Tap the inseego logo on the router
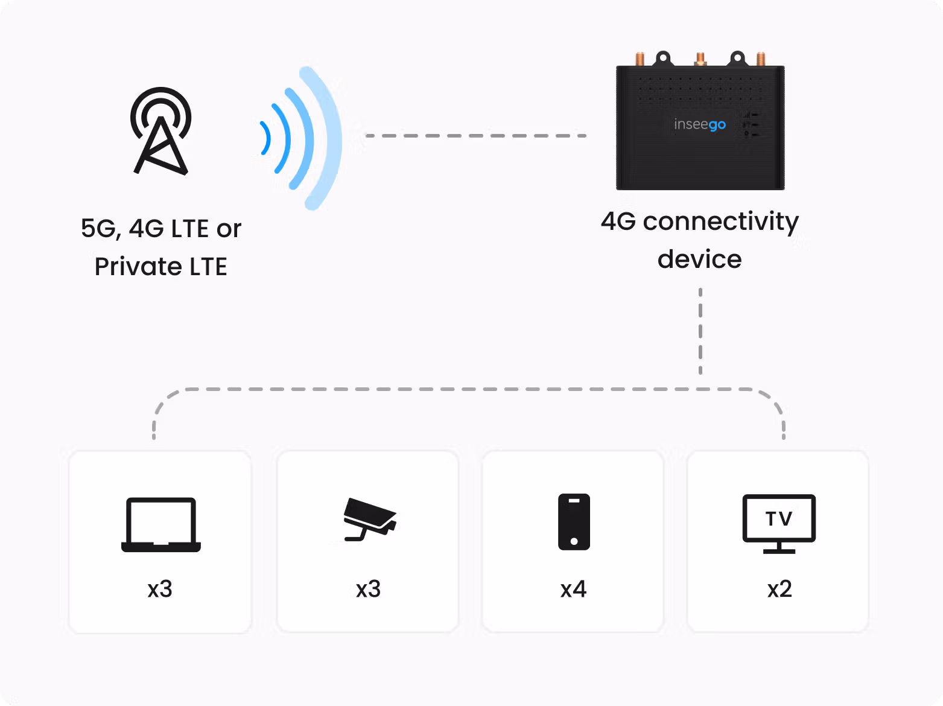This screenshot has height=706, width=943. [700, 124]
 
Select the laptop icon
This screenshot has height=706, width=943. [160, 524]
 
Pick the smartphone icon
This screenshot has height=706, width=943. [574, 522]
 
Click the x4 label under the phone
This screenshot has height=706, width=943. [573, 589]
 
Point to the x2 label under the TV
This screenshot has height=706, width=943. [779, 589]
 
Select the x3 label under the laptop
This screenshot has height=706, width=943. [160, 589]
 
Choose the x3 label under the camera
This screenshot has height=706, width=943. [368, 589]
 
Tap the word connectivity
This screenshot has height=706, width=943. [720, 222]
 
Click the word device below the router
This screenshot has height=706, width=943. [700, 259]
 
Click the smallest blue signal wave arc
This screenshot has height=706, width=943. [265, 138]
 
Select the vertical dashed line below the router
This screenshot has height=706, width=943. [700, 331]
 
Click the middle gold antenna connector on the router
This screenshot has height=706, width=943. [700, 59]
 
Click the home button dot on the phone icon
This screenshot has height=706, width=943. [574, 541]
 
